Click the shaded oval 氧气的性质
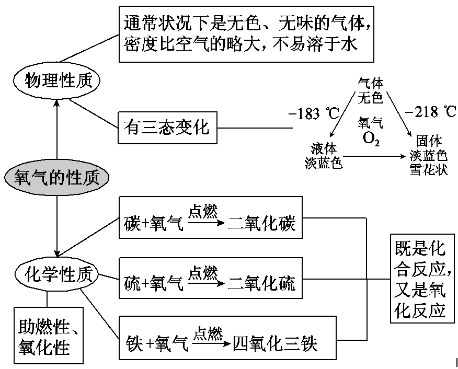coord(58,178)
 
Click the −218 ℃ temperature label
coord(430,112)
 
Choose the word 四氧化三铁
coord(275,344)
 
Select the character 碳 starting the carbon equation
coord(133,225)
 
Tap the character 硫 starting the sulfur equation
coord(133,284)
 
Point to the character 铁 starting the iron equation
coord(135,344)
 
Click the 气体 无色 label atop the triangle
coord(371,90)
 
